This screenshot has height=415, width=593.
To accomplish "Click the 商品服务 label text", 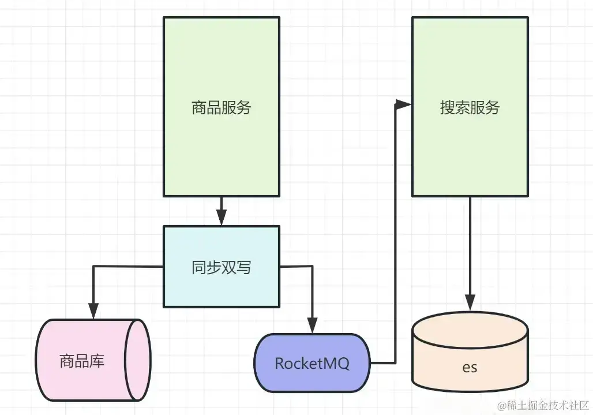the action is [x=222, y=107].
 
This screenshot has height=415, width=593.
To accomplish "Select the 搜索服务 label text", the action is [x=470, y=107].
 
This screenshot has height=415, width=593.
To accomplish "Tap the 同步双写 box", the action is [x=222, y=267].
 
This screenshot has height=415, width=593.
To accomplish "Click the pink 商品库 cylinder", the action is [x=93, y=360].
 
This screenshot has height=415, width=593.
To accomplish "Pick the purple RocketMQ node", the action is [x=312, y=363].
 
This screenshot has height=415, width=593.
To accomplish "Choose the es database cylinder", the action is [x=470, y=352].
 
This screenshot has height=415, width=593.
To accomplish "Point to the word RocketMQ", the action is [x=312, y=364].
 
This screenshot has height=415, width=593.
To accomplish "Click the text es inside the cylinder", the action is [x=470, y=367].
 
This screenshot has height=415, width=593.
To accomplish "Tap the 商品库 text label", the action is [x=82, y=361].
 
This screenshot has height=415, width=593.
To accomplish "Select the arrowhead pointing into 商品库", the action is [x=93, y=311].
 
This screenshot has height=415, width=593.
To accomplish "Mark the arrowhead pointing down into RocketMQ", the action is [x=312, y=326].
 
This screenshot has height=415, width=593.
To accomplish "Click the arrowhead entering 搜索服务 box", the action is [x=404, y=104].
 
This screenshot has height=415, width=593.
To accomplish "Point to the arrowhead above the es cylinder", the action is [x=470, y=303].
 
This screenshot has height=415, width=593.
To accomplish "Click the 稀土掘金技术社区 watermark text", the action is [x=543, y=405].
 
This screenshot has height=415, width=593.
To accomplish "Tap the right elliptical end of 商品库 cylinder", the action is [x=138, y=360].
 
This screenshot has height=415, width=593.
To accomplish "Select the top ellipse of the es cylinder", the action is [x=470, y=329].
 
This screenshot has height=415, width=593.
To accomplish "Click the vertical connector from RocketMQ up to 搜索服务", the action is [x=396, y=234].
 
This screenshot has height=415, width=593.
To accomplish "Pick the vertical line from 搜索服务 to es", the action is [x=470, y=246].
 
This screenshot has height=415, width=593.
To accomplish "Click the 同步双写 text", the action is [x=222, y=267].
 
